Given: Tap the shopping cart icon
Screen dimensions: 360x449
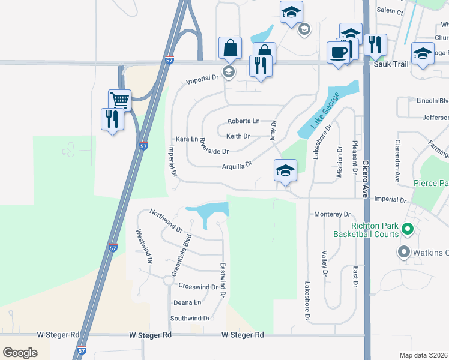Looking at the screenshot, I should [x=120, y=100].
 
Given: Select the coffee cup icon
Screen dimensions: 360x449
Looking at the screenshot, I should [x=339, y=52].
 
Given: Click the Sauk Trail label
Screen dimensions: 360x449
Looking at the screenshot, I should [x=391, y=64].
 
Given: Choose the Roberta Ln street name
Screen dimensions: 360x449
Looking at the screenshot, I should [x=243, y=121].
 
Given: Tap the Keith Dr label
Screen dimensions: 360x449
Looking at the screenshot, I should [x=238, y=136].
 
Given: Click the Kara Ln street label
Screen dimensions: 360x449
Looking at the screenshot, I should [x=186, y=139].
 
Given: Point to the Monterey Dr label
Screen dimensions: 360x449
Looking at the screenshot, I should [x=332, y=214].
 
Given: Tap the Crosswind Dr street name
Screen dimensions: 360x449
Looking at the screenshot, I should [x=198, y=287].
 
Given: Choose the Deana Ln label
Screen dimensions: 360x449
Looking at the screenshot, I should [x=187, y=302].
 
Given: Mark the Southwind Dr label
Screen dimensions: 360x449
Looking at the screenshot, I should [x=190, y=318].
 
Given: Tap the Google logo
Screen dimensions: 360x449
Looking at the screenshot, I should [x=20, y=353].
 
